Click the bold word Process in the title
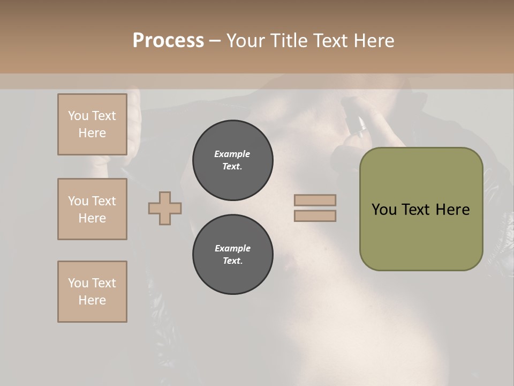(x=168, y=41)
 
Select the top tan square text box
(x=92, y=124)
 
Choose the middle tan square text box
(x=92, y=209)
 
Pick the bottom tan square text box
(x=92, y=292)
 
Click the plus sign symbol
(x=165, y=208)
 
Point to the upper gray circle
(x=232, y=160)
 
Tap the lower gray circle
(x=232, y=255)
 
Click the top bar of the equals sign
(x=315, y=200)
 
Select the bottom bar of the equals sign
(x=315, y=216)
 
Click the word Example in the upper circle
(x=232, y=154)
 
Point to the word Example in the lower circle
(x=232, y=248)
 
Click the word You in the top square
(x=78, y=116)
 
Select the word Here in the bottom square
(x=92, y=300)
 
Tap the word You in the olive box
(x=384, y=210)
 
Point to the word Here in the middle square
(x=92, y=218)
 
